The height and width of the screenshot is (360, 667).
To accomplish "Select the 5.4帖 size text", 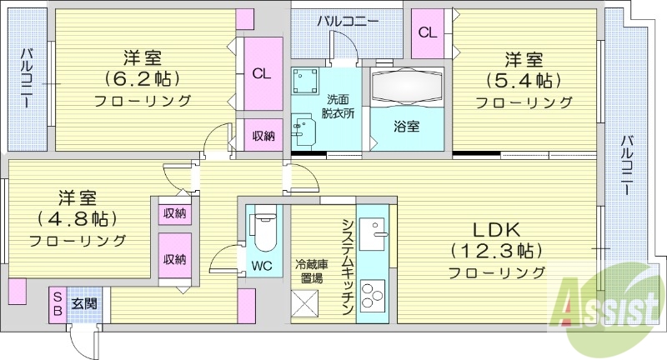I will pyautogui.click(x=524, y=81).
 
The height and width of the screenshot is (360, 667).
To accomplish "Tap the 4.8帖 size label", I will pyautogui.click(x=77, y=219).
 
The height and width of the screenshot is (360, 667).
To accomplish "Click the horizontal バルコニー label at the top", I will pyautogui.click(x=347, y=20).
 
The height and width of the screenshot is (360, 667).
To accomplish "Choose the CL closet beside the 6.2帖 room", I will pyautogui.click(x=262, y=74).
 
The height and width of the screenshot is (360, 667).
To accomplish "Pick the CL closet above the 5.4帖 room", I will pyautogui.click(x=427, y=33).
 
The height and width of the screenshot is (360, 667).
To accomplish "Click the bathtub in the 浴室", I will pyautogui.click(x=405, y=87).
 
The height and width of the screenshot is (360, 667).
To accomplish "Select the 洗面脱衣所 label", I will pyautogui.click(x=338, y=108).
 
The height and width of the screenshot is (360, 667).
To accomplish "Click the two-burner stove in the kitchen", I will pyautogui.click(x=373, y=298).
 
